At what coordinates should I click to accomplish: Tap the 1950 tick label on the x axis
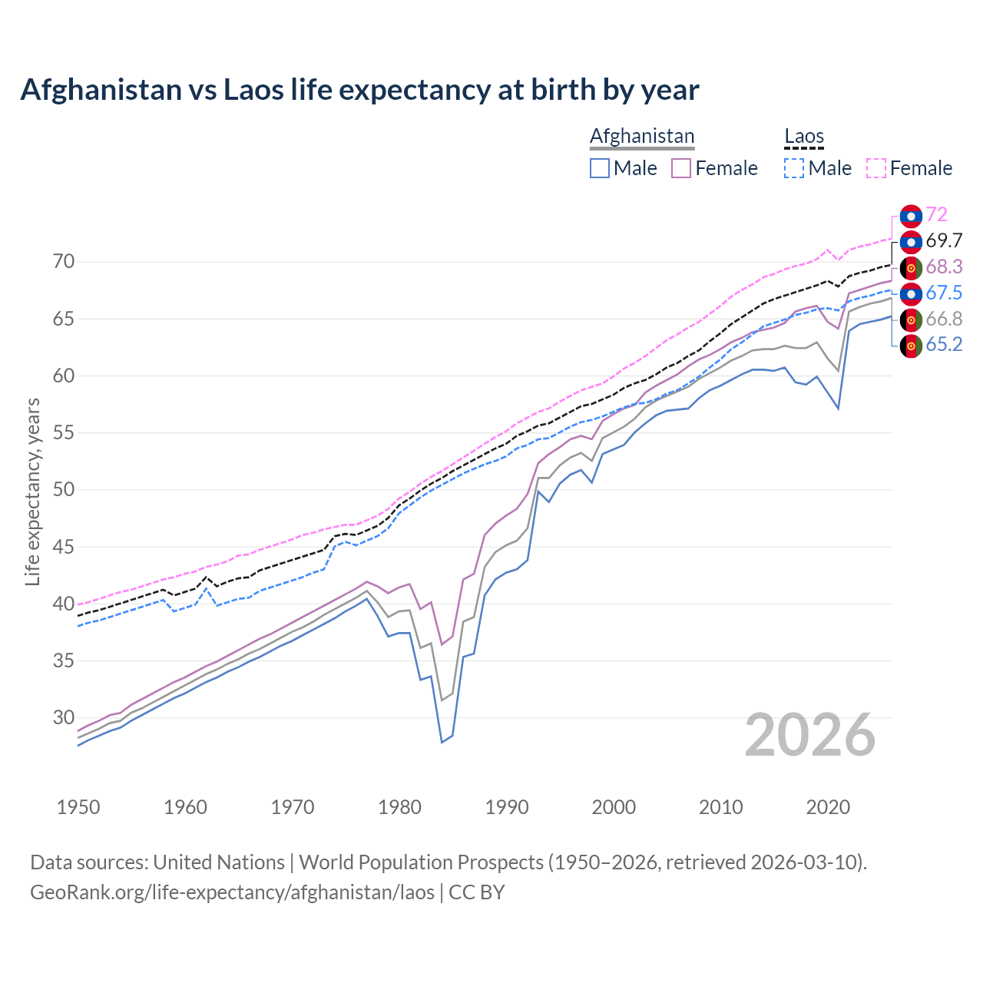[x=78, y=807]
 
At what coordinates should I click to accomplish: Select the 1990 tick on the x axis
[x=507, y=807]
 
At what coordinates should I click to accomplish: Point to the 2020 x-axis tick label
[x=828, y=807]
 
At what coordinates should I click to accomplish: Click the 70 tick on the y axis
[x=64, y=262]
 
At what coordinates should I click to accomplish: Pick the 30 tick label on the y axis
[x=64, y=717]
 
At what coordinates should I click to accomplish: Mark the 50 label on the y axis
[x=64, y=490]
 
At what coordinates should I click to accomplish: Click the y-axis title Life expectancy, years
[x=32, y=491]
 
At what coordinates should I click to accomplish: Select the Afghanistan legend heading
[x=642, y=137]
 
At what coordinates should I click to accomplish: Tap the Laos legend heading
[x=804, y=137]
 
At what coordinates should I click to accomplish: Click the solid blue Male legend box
[x=600, y=168]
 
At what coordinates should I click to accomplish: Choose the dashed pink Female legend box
[x=876, y=168]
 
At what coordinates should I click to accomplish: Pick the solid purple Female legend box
[x=681, y=168]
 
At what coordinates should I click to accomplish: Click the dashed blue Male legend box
[x=794, y=168]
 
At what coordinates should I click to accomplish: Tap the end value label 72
[x=936, y=215]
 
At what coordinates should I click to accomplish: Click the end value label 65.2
[x=944, y=345]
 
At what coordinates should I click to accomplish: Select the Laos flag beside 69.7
[x=911, y=241]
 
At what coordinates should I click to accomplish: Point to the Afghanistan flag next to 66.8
[x=911, y=319]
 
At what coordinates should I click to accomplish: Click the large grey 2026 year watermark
[x=810, y=735]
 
